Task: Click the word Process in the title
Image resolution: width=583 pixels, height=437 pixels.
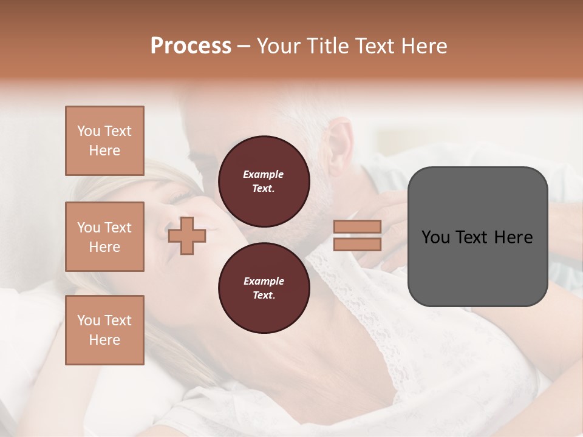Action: coord(191,46)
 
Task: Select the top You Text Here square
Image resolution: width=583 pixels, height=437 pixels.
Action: coord(104,141)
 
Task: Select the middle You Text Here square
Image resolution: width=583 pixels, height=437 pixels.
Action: coord(104,237)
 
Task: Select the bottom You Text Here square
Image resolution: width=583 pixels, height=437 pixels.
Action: coord(104,330)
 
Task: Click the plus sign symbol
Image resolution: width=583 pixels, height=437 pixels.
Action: coord(187,235)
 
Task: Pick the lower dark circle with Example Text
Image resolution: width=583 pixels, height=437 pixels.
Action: coord(264,288)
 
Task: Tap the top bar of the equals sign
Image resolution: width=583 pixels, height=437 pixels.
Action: coord(357,226)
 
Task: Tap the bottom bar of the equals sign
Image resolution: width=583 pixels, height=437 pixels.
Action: coord(357,245)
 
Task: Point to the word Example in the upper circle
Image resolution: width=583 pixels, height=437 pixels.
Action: coord(264,174)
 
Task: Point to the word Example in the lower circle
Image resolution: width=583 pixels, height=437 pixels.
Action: coord(264,281)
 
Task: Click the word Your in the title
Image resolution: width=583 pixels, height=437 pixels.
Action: coord(278,46)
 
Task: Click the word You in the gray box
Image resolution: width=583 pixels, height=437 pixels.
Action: coord(435,237)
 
